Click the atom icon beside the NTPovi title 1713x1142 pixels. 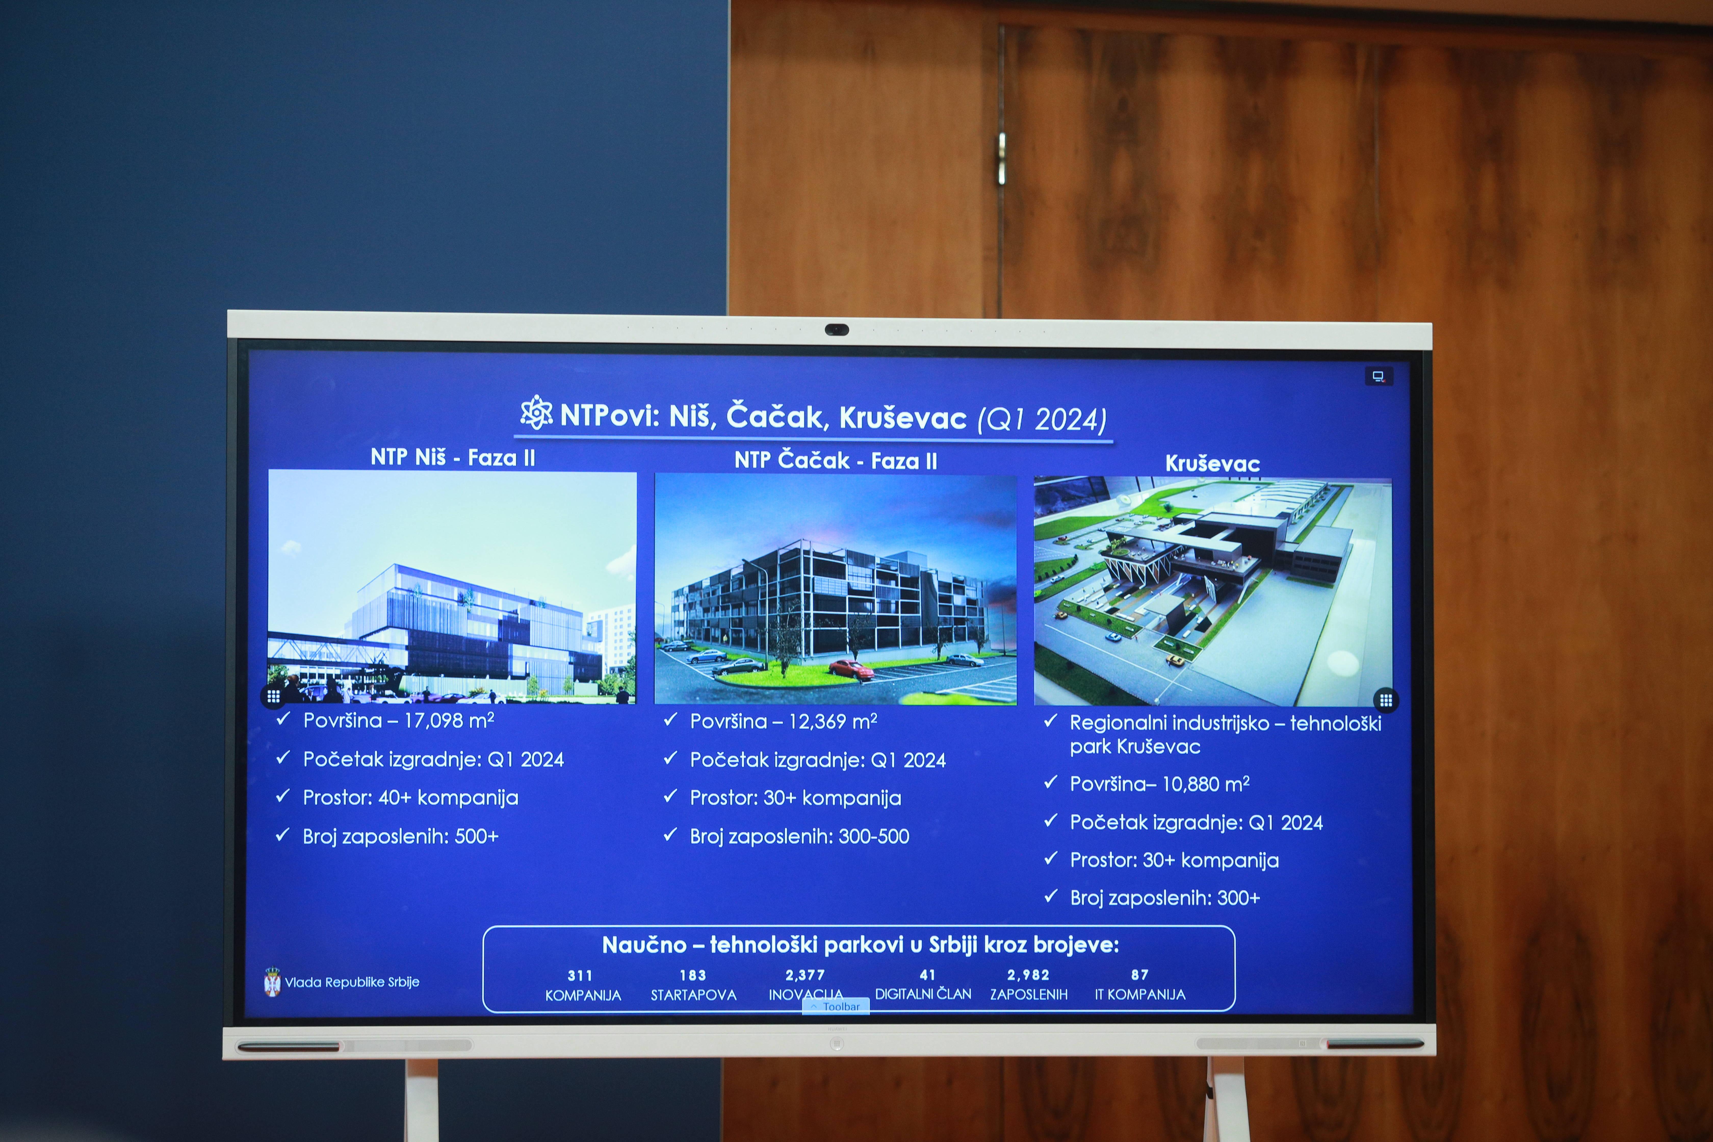coord(536,413)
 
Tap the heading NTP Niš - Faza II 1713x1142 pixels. coord(453,457)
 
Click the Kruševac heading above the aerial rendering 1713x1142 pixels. coord(1213,463)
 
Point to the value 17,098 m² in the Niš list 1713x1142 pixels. coord(449,720)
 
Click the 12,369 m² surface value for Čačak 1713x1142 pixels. coord(833,721)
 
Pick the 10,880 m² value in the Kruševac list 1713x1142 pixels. coord(1205,784)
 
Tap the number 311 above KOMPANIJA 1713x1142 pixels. coord(580,975)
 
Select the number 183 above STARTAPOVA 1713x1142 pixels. coord(693,975)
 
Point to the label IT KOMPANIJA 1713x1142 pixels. coord(1140,994)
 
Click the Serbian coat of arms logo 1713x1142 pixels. coord(272,982)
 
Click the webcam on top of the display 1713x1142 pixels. coord(837,330)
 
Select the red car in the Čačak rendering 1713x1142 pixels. coord(851,669)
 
